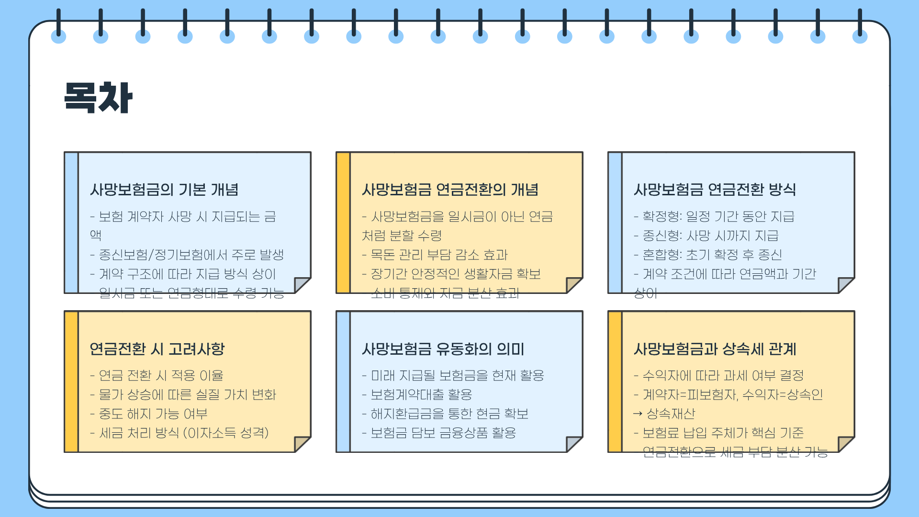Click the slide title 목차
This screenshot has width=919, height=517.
click(98, 98)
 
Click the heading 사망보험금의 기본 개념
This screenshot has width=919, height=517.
click(164, 190)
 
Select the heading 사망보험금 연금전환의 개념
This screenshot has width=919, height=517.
click(450, 190)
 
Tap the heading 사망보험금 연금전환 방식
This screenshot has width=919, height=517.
click(715, 190)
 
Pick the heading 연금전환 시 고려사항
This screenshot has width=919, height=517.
click(157, 349)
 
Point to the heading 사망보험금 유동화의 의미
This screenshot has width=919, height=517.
click(443, 349)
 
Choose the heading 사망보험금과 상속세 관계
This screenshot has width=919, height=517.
click(715, 349)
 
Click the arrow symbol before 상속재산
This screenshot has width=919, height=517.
click(638, 414)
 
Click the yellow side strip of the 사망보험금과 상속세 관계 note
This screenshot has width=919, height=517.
click(615, 382)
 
